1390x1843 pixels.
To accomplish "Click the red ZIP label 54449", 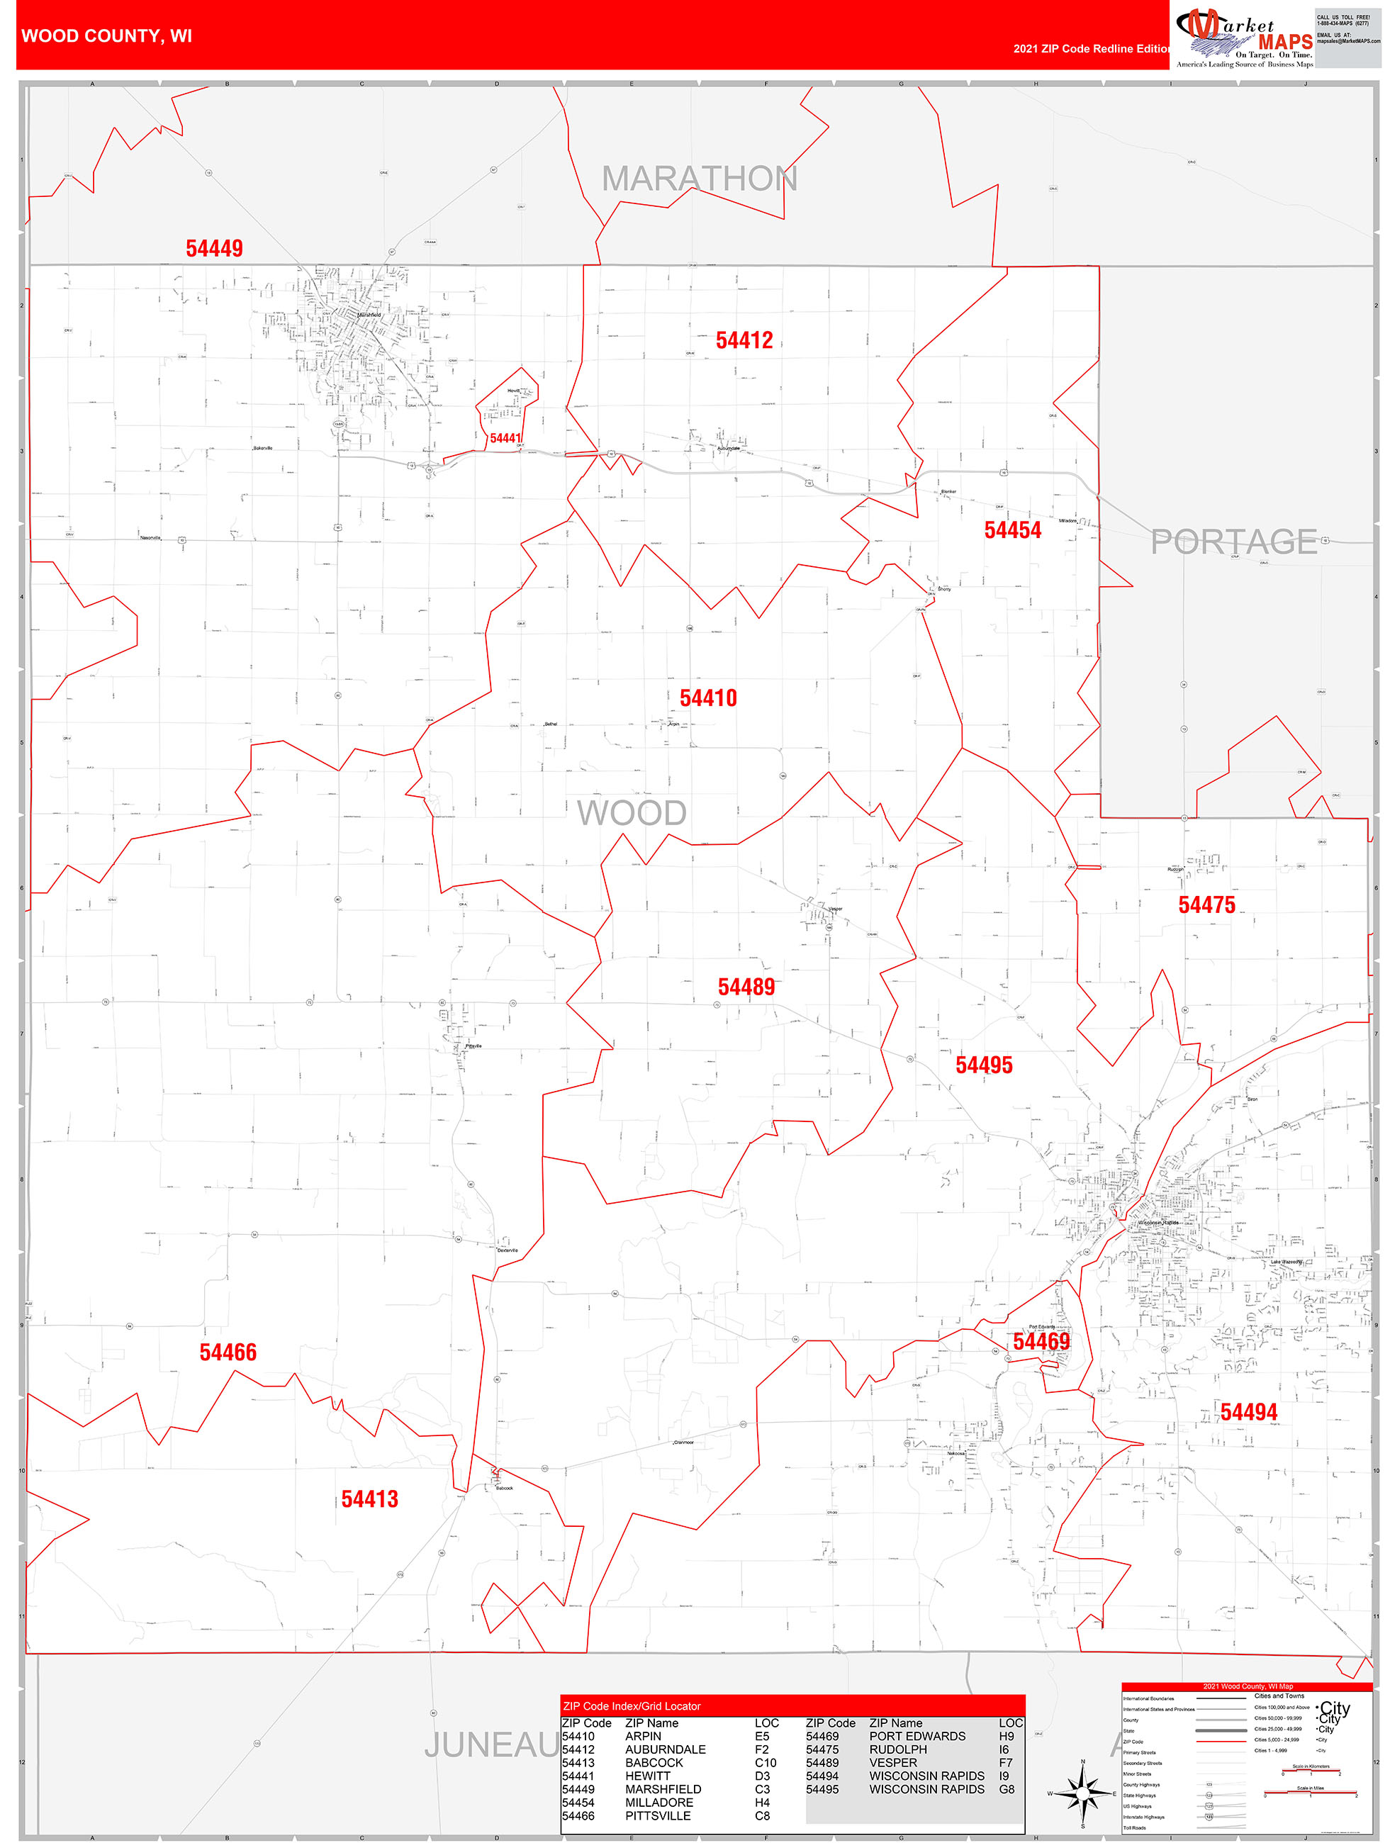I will click(214, 248).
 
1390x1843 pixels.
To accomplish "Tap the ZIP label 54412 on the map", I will click(744, 340).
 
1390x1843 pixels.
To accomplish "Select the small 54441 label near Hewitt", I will click(505, 438).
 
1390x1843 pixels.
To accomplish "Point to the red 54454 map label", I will click(1012, 530).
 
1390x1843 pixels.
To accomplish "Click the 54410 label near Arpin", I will click(708, 698).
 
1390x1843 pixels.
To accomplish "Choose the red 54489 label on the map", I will click(746, 987).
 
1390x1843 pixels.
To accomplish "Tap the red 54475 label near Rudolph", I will click(1206, 904).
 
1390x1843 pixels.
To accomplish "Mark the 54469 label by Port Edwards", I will click(1041, 1341).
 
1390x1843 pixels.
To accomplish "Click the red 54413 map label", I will click(369, 1500).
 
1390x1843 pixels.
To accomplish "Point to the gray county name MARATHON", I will click(699, 179).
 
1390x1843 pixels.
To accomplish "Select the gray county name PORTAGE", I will click(1233, 542).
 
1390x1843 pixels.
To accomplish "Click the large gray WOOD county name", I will click(632, 813).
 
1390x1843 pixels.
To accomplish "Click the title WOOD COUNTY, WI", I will click(106, 36).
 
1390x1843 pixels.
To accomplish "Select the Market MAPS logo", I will click(1244, 38).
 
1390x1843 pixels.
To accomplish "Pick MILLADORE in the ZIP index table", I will click(658, 1802).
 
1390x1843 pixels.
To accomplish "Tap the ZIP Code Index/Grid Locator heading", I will click(632, 1706).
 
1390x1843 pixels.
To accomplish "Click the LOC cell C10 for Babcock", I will click(765, 1763).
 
